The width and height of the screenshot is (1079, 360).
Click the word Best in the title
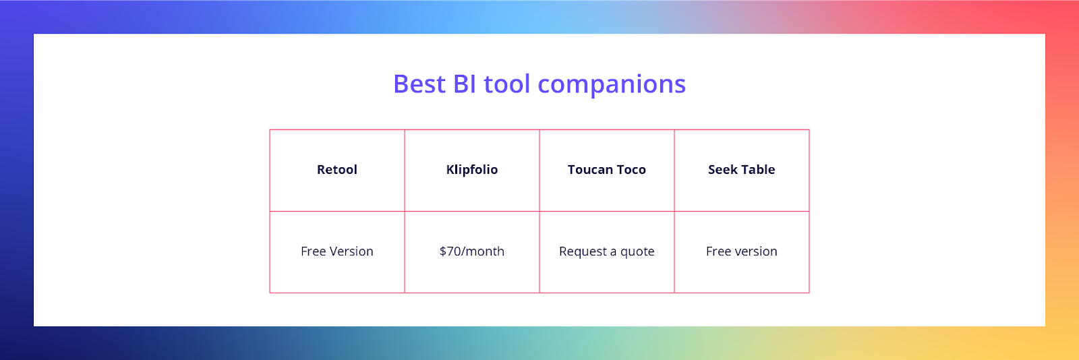[x=419, y=84]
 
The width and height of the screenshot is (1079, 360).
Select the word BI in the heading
[x=465, y=84]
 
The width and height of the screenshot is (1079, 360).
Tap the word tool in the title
[x=506, y=84]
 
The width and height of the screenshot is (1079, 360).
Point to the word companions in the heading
[x=612, y=85]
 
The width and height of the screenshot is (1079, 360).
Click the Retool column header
[x=337, y=169]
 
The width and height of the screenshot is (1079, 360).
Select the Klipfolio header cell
[x=472, y=170]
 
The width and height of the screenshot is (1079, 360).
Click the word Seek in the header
[x=722, y=169]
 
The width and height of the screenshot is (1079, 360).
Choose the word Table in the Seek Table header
[x=758, y=169]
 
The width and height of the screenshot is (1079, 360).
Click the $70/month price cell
[x=472, y=251]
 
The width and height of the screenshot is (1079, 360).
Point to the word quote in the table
[x=637, y=251]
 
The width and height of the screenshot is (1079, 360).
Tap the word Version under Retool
[x=351, y=251]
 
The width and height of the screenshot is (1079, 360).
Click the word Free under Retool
[x=313, y=251]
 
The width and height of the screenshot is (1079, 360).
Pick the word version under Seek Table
[x=756, y=251]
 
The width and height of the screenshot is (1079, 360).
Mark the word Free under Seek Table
[x=718, y=251]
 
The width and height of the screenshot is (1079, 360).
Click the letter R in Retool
[x=321, y=169]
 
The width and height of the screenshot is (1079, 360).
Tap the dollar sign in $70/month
[x=442, y=251]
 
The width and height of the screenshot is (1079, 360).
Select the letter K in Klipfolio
[x=451, y=169]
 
